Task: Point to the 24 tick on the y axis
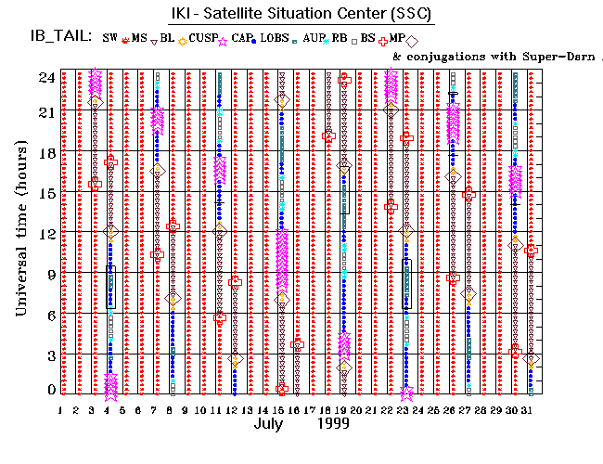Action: [x=45, y=77]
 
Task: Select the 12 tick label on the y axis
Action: [x=45, y=233]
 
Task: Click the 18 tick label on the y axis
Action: [x=45, y=155]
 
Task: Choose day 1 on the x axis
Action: [x=61, y=410]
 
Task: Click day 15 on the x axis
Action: [x=280, y=410]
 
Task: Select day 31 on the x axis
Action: [x=530, y=410]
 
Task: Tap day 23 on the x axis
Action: [x=405, y=410]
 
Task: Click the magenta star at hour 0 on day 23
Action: [x=406, y=393]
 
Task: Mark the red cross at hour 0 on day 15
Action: [x=281, y=389]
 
